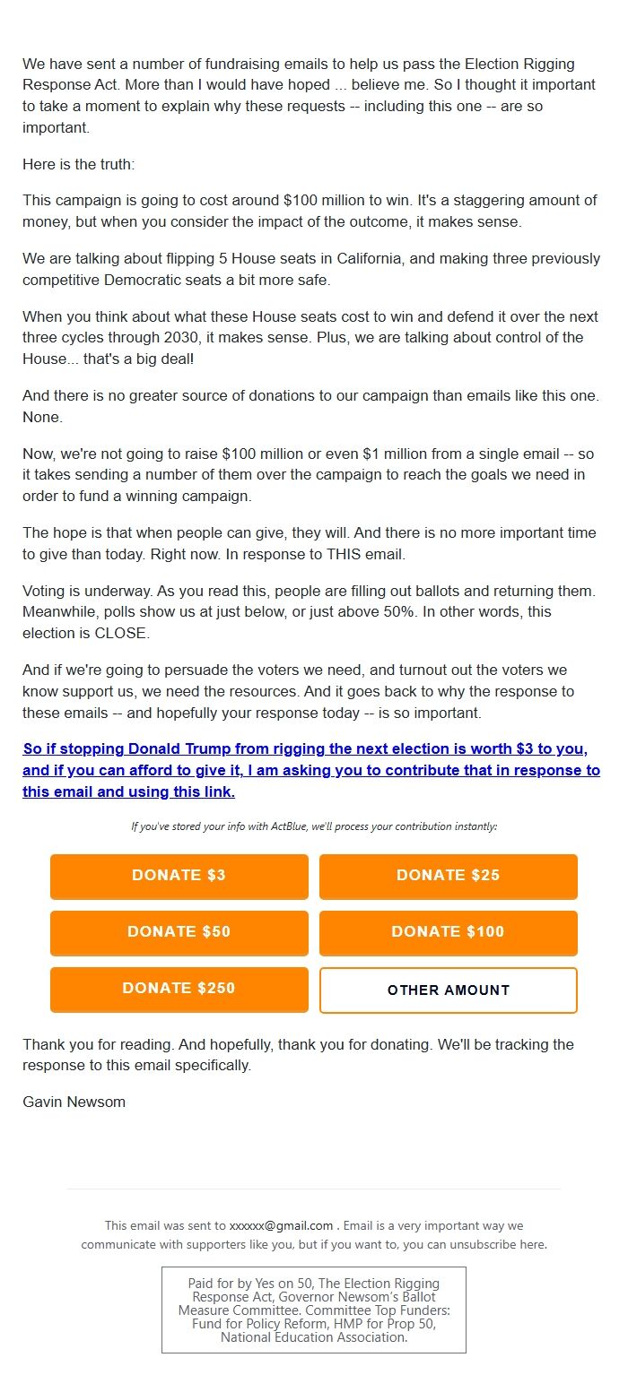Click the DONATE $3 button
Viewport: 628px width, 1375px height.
(x=179, y=876)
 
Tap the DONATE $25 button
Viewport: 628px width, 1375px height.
(x=448, y=876)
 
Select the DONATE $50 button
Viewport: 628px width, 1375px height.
(x=179, y=932)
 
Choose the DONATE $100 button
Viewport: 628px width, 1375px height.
(x=448, y=932)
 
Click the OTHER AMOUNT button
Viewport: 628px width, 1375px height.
(x=448, y=990)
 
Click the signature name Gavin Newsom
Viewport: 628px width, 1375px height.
(x=74, y=1103)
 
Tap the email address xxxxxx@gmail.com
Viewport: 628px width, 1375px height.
(x=281, y=1226)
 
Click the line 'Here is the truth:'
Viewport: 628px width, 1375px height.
(x=78, y=166)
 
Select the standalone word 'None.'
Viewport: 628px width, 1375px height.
(x=41, y=418)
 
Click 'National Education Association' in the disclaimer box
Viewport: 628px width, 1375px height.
(x=313, y=1337)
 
